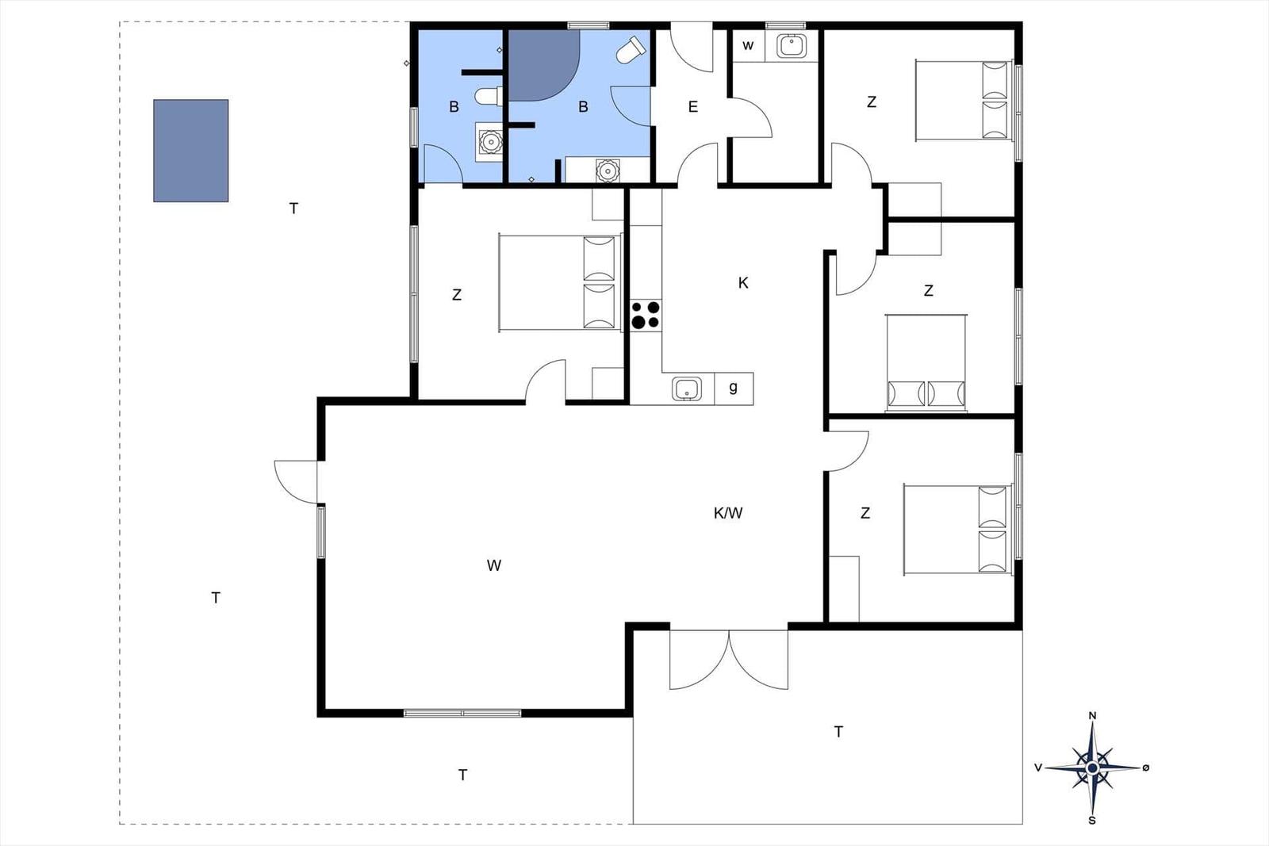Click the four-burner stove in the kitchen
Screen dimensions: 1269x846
(x=646, y=316)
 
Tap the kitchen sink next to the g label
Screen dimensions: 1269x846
(x=687, y=389)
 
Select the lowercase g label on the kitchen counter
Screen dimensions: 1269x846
(x=733, y=388)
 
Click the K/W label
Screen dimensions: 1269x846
(x=728, y=513)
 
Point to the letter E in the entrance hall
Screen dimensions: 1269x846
(x=693, y=106)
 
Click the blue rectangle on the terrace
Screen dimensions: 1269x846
(x=191, y=151)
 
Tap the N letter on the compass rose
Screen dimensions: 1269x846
(x=1093, y=716)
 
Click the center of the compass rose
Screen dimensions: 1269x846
(x=1093, y=768)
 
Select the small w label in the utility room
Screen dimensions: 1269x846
(x=748, y=46)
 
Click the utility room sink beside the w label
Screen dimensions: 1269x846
(x=792, y=46)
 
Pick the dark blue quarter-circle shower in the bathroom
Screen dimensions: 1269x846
(x=542, y=65)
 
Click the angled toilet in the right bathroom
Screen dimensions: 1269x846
(x=631, y=51)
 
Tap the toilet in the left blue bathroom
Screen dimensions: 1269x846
(x=489, y=96)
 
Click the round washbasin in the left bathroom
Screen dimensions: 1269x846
(x=490, y=142)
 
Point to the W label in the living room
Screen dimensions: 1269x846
(x=494, y=565)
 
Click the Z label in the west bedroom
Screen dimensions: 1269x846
(x=457, y=294)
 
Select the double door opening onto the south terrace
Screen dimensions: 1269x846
(x=729, y=660)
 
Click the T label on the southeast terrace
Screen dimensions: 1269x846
(x=838, y=732)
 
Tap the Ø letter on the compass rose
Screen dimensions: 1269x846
(x=1145, y=768)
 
